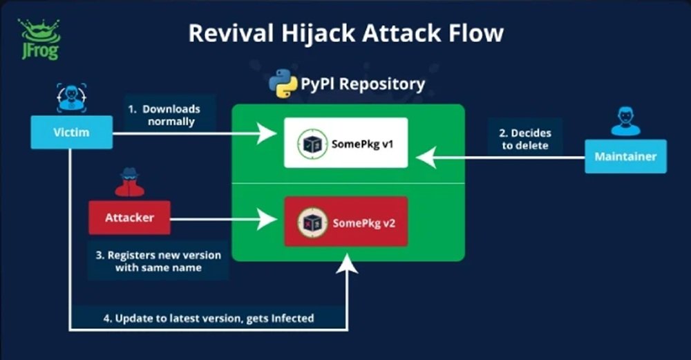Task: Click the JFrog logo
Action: pyautogui.click(x=40, y=39)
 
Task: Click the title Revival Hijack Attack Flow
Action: pyautogui.click(x=346, y=32)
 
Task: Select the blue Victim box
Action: pyautogui.click(x=71, y=131)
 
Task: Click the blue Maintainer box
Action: pyautogui.click(x=625, y=156)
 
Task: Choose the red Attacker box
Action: pyautogui.click(x=129, y=218)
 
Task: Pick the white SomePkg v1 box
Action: pyautogui.click(x=345, y=142)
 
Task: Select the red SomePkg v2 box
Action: pyautogui.click(x=345, y=221)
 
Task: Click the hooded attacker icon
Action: pyautogui.click(x=129, y=182)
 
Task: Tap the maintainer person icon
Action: pyautogui.click(x=625, y=121)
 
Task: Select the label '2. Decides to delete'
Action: pyautogui.click(x=525, y=138)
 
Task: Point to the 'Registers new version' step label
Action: pyautogui.click(x=158, y=261)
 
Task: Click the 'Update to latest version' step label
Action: pyautogui.click(x=208, y=318)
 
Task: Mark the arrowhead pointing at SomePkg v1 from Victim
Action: pyautogui.click(x=268, y=133)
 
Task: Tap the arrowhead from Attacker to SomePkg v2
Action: pyautogui.click(x=268, y=221)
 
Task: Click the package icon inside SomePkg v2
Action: pyautogui.click(x=312, y=222)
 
